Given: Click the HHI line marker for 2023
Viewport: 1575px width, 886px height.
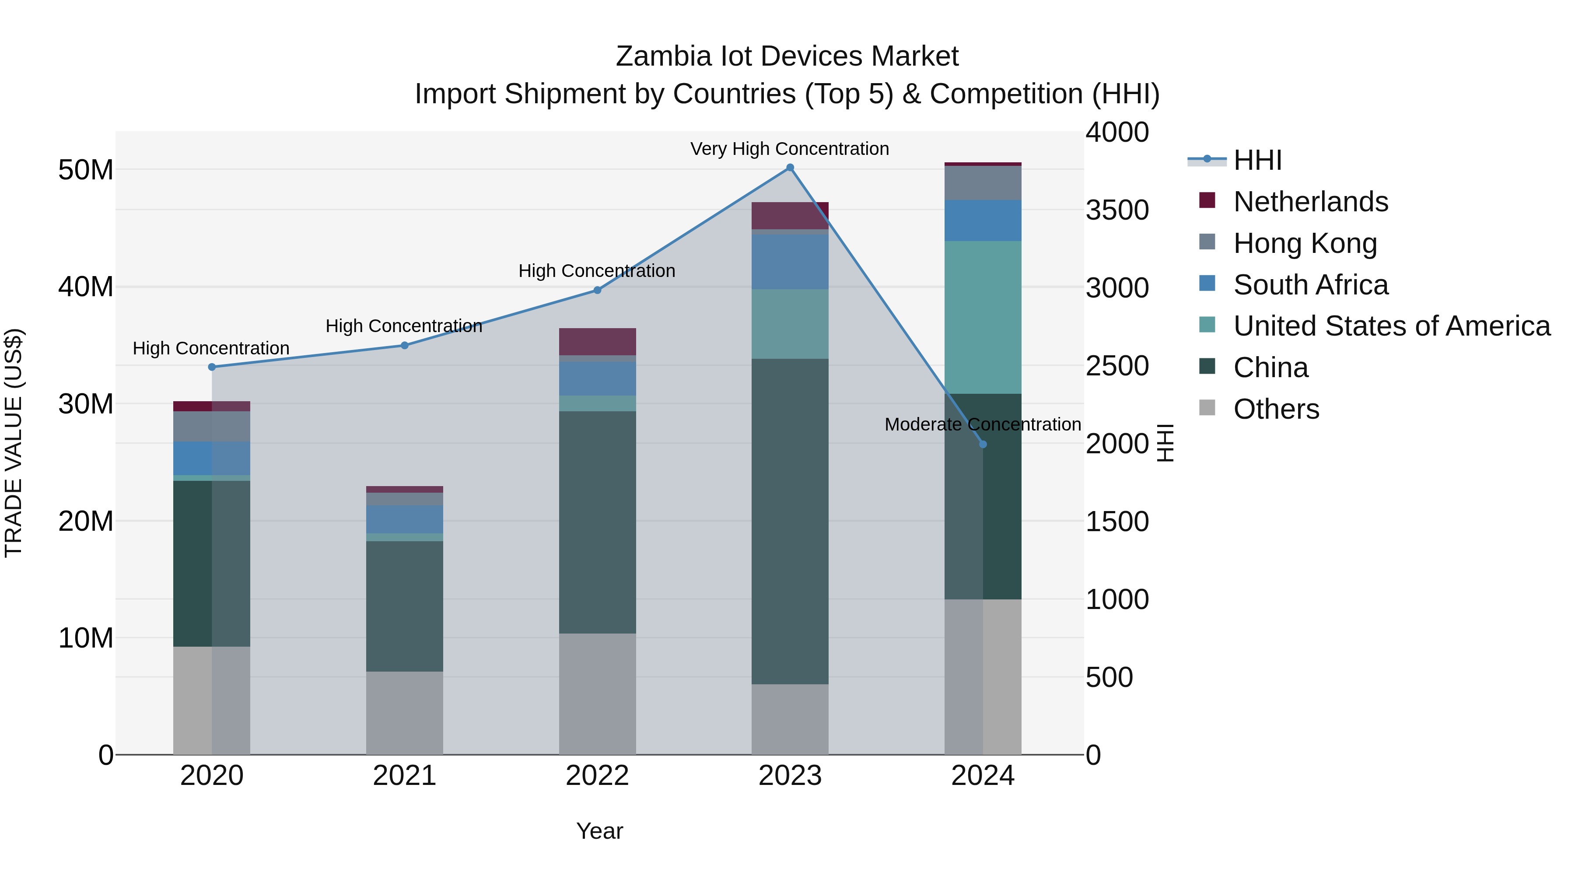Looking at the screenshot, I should [790, 168].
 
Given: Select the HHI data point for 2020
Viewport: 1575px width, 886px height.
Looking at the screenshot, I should [212, 367].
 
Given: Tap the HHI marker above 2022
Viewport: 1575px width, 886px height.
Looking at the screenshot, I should [597, 291].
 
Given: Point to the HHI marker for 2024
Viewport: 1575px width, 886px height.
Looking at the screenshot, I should [983, 445].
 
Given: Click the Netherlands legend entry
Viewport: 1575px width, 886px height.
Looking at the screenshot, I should [1310, 202].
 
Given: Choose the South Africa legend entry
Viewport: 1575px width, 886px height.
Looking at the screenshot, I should [1310, 285].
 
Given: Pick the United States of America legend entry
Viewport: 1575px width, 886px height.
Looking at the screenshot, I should [1391, 326].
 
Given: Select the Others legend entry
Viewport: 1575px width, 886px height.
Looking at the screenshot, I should [1276, 409].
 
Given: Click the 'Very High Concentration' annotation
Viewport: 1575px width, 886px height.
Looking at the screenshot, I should [789, 149].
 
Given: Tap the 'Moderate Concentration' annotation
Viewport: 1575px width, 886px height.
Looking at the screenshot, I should [983, 424].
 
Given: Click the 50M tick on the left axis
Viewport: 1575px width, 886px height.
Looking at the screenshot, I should [86, 170].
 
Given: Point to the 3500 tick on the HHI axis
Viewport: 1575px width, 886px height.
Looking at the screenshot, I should [1117, 210].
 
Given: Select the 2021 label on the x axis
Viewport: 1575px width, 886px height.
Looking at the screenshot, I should [404, 776].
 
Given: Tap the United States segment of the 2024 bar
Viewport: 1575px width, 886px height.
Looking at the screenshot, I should [983, 317].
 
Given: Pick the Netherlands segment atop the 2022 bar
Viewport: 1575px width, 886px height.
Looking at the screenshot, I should [597, 341].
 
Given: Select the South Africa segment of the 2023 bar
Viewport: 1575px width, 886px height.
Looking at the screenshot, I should [790, 262].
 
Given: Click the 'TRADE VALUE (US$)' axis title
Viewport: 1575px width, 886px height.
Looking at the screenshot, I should [14, 443].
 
